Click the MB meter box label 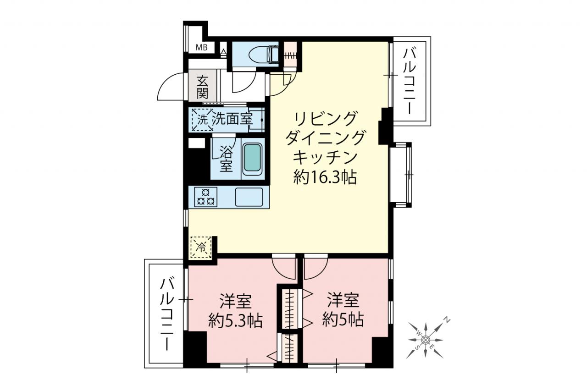click(x=201, y=48)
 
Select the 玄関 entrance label click(x=202, y=87)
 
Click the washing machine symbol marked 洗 click(x=202, y=120)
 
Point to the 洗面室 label click(x=232, y=120)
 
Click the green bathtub click(x=253, y=160)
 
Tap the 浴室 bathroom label click(x=226, y=159)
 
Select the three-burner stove click(x=206, y=197)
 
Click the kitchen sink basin click(x=249, y=197)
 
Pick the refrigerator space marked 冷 click(x=201, y=248)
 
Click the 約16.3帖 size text click(x=325, y=177)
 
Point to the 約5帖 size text click(x=343, y=319)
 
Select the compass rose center click(x=426, y=340)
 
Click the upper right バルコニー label click(x=410, y=81)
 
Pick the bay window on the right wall click(x=401, y=175)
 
